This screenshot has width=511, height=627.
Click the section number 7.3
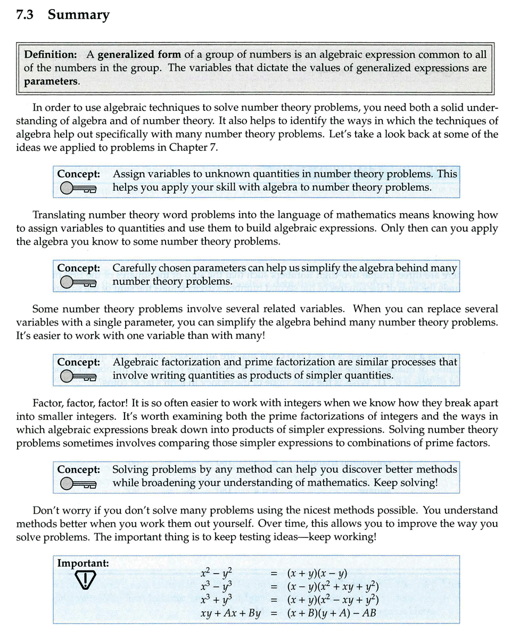(26, 15)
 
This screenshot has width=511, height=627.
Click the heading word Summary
(79, 15)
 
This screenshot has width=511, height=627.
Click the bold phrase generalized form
(139, 54)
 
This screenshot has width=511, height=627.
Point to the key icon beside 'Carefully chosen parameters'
(78, 282)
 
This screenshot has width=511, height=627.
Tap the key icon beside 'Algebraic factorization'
(78, 376)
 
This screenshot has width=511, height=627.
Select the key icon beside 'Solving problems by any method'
(78, 484)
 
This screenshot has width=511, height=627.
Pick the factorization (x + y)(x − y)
(317, 574)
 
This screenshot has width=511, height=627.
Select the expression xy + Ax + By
(230, 613)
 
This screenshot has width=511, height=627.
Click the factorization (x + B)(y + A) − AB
(331, 613)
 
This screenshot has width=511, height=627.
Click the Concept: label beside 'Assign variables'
(79, 174)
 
